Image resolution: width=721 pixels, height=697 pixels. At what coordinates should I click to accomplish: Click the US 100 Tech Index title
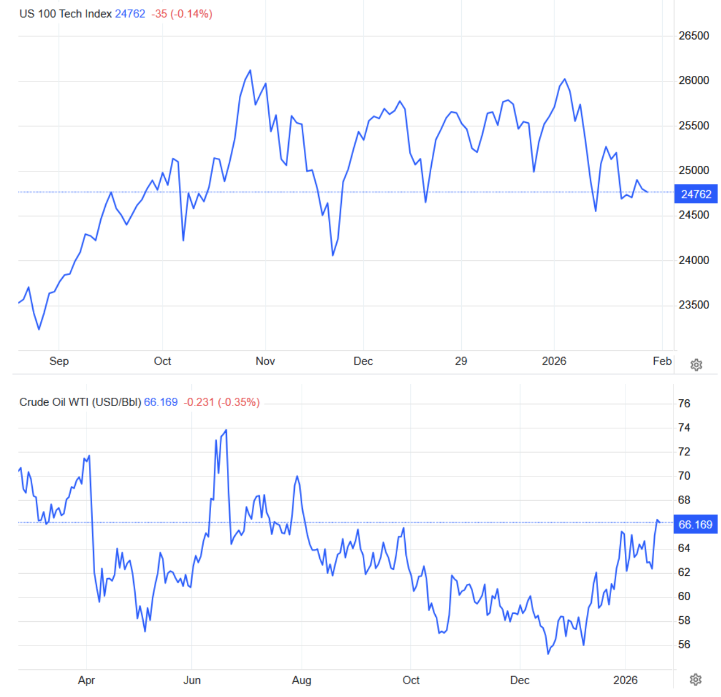tap(65, 14)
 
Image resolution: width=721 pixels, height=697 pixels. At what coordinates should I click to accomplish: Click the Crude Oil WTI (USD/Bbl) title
tap(80, 402)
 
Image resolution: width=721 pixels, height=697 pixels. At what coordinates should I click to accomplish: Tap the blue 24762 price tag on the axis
tap(696, 194)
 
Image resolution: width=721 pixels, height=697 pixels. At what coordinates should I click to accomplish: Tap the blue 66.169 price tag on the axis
tap(695, 524)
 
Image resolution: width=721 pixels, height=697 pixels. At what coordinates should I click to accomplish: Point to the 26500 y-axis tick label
tap(693, 36)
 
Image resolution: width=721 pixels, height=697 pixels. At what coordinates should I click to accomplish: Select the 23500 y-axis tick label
tap(693, 305)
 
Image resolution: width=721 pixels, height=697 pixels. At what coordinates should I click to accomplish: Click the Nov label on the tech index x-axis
tap(265, 361)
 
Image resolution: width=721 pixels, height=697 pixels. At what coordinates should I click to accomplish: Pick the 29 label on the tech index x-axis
tap(461, 361)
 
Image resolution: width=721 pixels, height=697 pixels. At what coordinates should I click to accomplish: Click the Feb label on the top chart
tap(662, 361)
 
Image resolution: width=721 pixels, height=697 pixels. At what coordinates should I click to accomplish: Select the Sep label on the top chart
tap(59, 361)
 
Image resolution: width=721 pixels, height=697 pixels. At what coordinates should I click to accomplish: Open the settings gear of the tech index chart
tap(696, 365)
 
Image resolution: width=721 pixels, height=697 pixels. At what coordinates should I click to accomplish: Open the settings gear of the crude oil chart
tap(696, 679)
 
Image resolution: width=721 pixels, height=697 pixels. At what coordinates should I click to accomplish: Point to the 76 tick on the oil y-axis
tap(684, 403)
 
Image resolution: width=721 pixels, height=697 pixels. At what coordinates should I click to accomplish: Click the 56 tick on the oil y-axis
tap(684, 644)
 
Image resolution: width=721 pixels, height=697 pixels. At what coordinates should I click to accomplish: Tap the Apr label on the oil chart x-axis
tap(86, 680)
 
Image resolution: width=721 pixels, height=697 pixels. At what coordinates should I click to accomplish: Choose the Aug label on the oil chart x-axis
tap(301, 680)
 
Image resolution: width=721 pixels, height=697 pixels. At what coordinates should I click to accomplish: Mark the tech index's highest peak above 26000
tap(250, 71)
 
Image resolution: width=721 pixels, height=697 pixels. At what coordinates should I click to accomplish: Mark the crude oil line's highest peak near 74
tap(226, 430)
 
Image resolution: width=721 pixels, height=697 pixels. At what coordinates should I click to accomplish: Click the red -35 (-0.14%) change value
tap(182, 14)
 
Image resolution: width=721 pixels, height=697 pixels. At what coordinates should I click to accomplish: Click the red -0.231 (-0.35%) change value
tap(221, 402)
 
